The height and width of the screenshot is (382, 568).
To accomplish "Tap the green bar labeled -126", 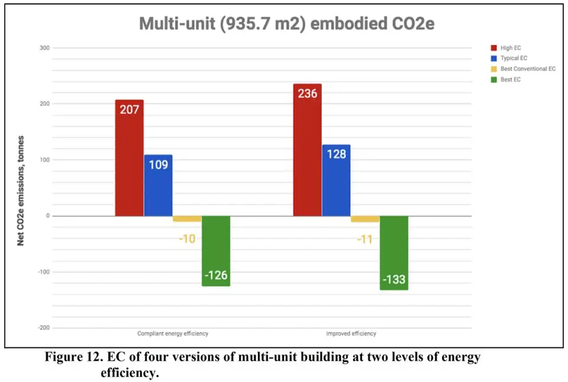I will pos(216,251).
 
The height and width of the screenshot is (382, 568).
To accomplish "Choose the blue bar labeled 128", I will pos(336,180).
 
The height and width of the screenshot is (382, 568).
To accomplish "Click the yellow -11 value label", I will pos(365,240).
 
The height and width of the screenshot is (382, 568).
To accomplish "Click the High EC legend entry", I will pos(510,48).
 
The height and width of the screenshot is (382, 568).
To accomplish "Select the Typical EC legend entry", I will pos(513,59).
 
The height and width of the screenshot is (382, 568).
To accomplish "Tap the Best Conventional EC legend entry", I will pos(527,69).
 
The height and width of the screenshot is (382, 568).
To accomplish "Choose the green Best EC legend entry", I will pos(510,80).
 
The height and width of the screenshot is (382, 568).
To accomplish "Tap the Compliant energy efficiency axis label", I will pos(173,334).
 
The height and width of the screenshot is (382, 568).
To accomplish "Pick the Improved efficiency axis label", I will pos(351,334).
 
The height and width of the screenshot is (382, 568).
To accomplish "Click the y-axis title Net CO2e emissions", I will pos(21,190).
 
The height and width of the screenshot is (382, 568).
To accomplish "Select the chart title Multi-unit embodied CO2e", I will pos(287,24).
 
